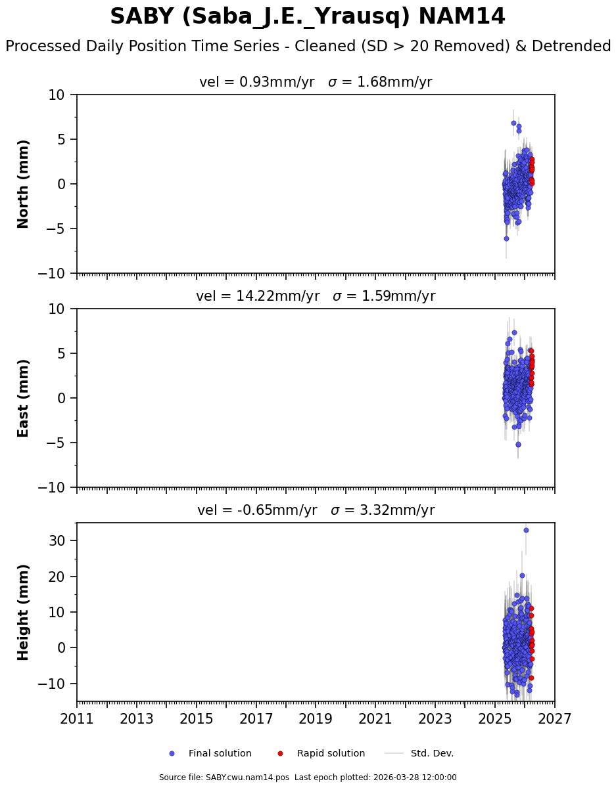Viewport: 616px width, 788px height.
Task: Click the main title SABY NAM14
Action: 308,17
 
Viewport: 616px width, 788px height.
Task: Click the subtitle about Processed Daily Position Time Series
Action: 308,47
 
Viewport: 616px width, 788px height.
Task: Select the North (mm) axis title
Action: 24,184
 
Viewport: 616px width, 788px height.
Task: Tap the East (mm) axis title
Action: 24,398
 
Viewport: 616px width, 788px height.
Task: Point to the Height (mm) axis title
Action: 24,612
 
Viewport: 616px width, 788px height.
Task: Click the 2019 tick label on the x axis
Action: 316,718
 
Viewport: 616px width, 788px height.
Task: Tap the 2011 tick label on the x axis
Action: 77,718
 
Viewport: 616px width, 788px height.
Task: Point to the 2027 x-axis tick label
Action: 554,718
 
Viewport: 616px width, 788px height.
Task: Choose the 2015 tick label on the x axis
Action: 197,718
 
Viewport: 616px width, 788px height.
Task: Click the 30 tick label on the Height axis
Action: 62,541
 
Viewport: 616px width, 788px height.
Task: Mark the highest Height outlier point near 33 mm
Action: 526,530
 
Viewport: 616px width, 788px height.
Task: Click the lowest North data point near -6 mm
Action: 506,238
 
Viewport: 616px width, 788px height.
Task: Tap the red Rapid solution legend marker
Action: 280,753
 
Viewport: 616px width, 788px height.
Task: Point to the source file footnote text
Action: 308,777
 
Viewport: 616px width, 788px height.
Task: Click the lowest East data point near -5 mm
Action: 518,445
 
